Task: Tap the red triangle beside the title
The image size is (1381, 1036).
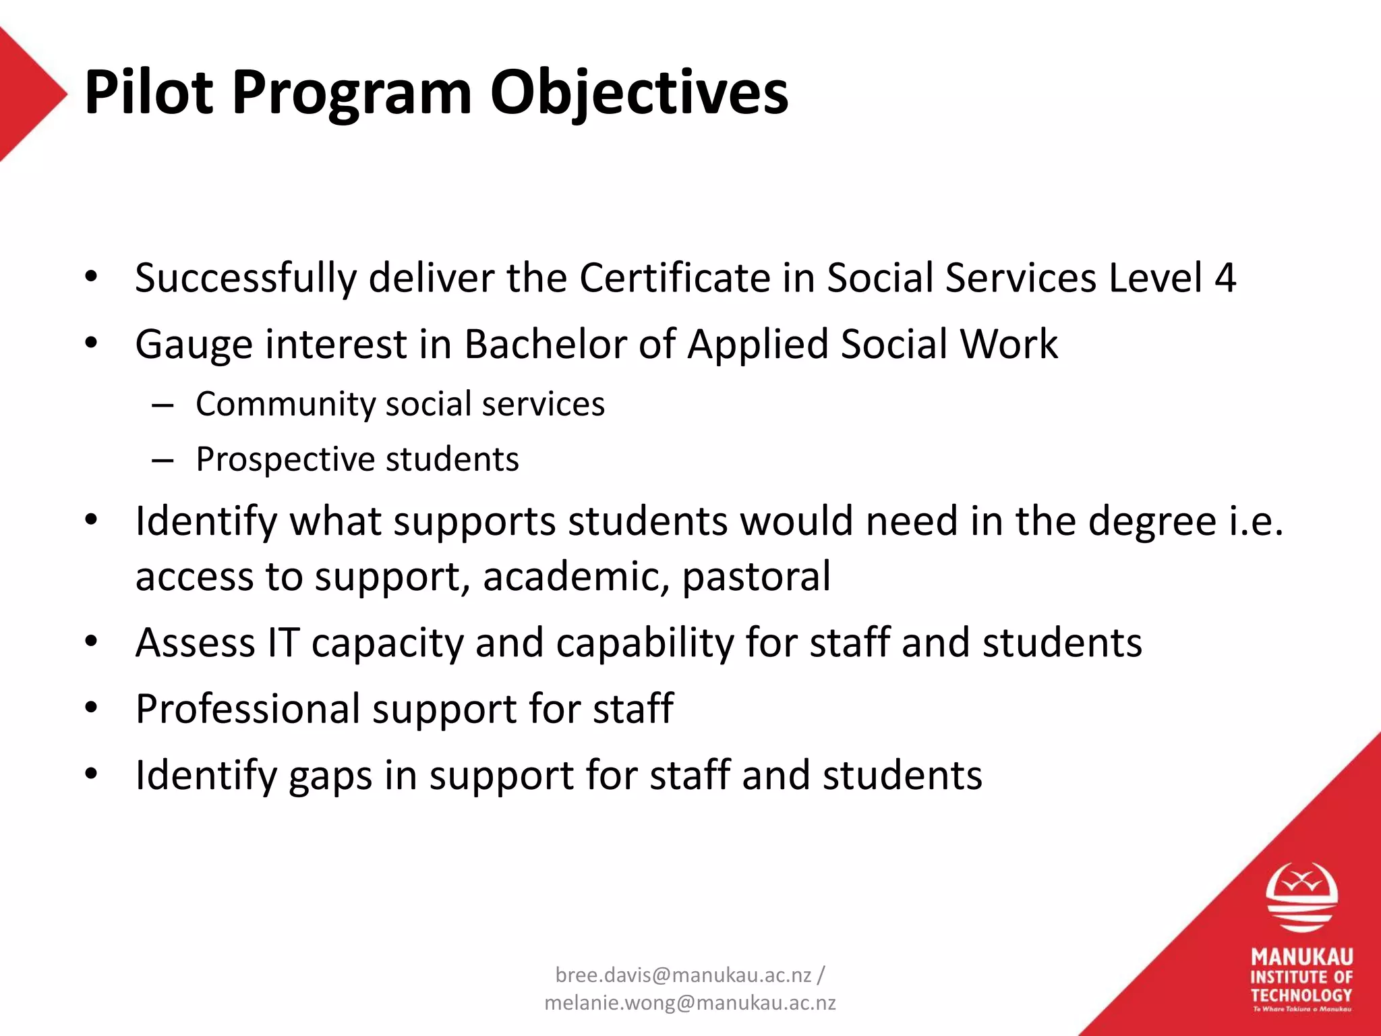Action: pyautogui.click(x=27, y=94)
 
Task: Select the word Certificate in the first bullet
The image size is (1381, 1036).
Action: pyautogui.click(x=674, y=278)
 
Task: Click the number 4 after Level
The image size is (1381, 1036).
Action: pyautogui.click(x=1225, y=278)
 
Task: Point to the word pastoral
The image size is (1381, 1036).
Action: pyautogui.click(x=756, y=577)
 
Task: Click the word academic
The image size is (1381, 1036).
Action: pyautogui.click(x=576, y=577)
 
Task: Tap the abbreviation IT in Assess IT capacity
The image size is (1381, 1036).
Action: pyautogui.click(x=283, y=642)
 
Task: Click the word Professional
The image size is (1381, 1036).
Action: pyautogui.click(x=247, y=710)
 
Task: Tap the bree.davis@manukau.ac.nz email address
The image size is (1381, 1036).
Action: pyautogui.click(x=683, y=975)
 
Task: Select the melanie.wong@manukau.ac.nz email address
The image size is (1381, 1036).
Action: pyautogui.click(x=690, y=1003)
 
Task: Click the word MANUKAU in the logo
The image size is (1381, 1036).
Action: pyautogui.click(x=1301, y=957)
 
